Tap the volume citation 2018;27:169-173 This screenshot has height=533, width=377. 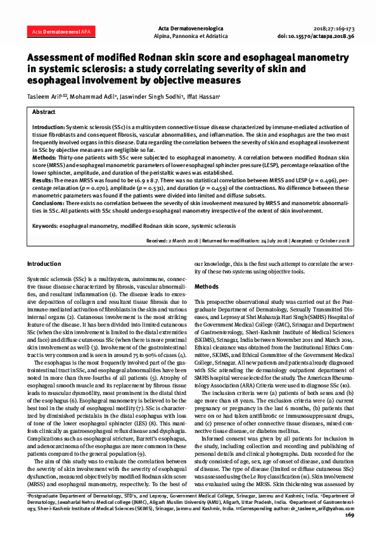click(335, 29)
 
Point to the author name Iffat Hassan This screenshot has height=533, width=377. click(203, 97)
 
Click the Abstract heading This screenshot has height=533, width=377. click(44, 111)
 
